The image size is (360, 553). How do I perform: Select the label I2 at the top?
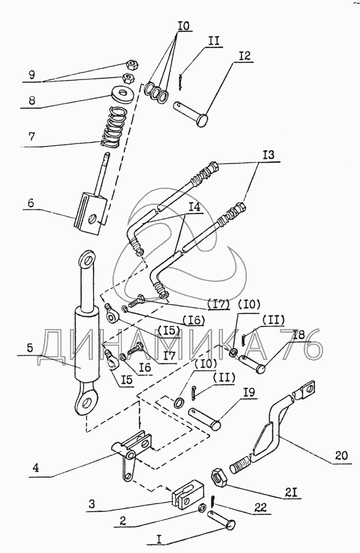click(x=244, y=56)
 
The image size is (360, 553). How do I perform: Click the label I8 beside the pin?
click(x=298, y=334)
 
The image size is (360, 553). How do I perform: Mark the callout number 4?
click(x=36, y=468)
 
